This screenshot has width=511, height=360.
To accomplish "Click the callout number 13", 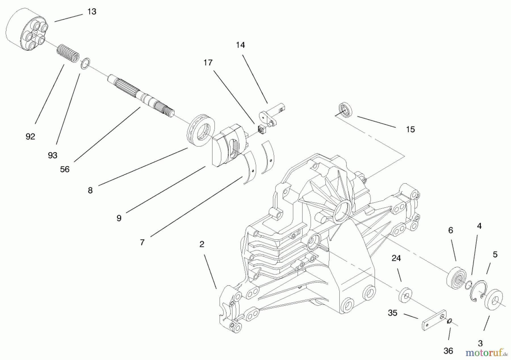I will (92, 12).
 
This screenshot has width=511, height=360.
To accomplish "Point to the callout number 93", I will (53, 155).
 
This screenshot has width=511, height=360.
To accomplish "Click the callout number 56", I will (65, 169).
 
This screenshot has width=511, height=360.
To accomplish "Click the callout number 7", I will (142, 242).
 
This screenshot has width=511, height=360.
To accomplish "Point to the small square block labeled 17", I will (261, 130).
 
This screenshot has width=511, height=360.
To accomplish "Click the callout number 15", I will (410, 129).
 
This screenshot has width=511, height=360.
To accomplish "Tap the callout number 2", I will (202, 244).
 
